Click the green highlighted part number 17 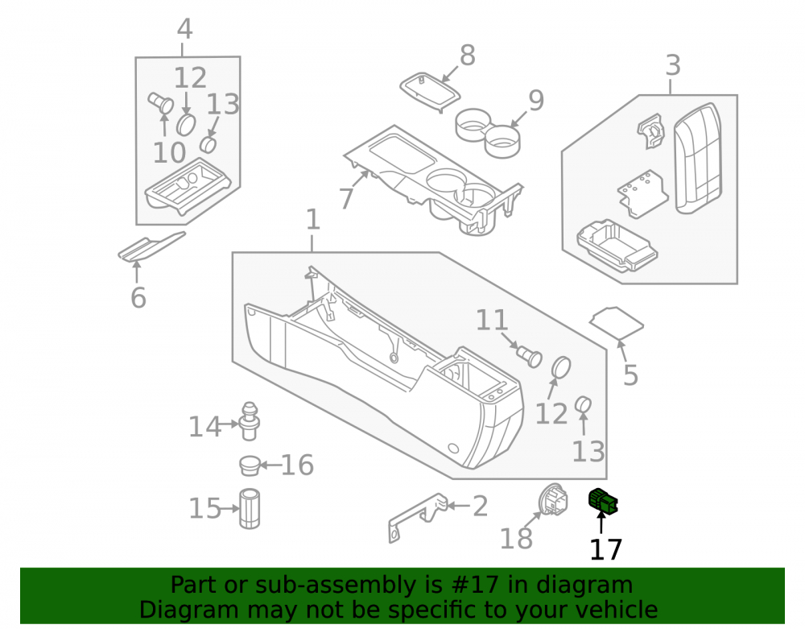pos(603,501)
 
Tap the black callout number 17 pos(606,549)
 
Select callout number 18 pos(516,539)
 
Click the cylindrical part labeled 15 pos(250,508)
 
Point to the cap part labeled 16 pos(250,465)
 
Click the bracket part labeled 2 pos(418,518)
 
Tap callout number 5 pos(630,375)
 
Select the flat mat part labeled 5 pos(616,324)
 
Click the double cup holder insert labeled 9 pos(488,132)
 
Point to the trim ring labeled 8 pos(430,92)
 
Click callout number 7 pos(346,199)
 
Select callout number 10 pos(169,152)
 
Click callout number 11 pos(492,320)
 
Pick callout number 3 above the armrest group pos(673,65)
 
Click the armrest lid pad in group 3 pos(698,158)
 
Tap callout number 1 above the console pos(313,219)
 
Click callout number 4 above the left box pos(184,29)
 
